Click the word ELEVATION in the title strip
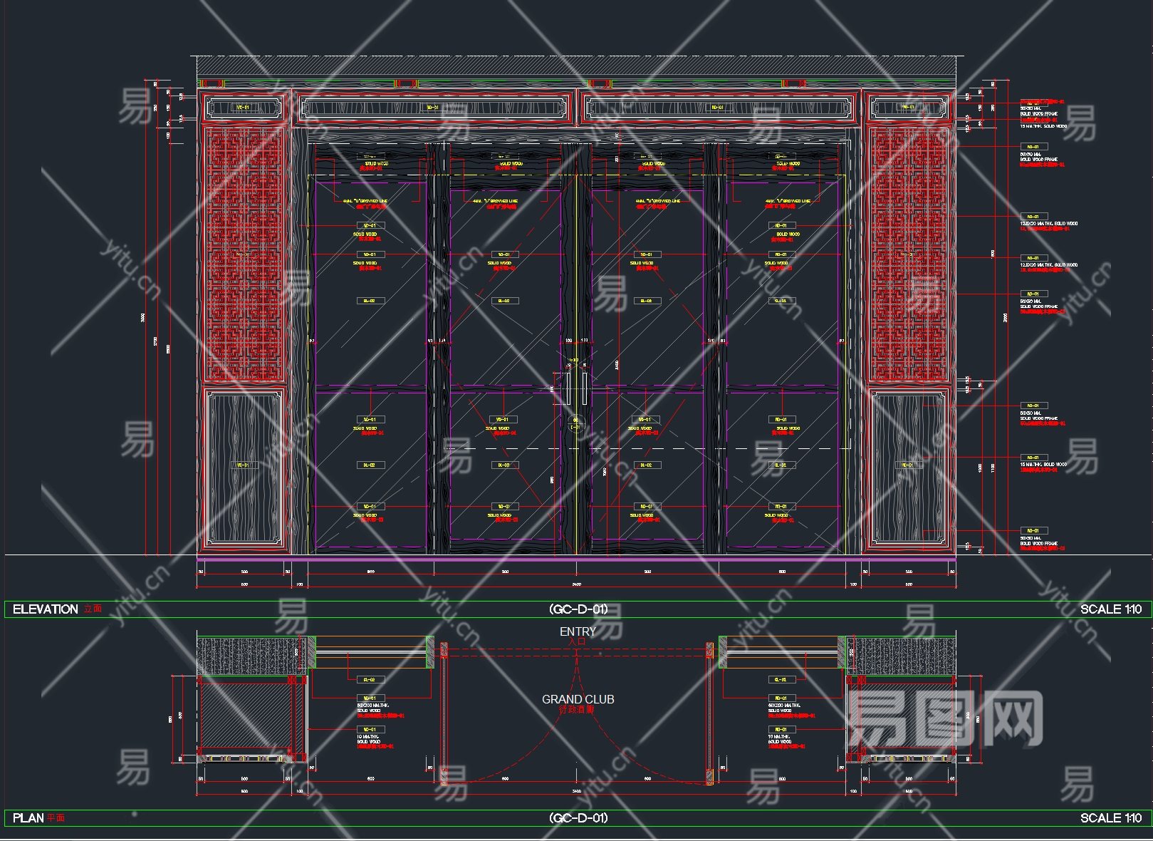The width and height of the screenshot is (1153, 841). [x=46, y=609]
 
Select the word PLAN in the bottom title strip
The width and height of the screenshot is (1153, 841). [x=28, y=818]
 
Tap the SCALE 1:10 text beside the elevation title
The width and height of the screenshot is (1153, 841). [x=1110, y=609]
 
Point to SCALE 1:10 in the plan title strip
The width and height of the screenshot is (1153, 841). [x=1110, y=818]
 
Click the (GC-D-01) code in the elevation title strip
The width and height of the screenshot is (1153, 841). [x=578, y=609]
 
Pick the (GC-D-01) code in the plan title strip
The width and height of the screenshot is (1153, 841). [x=578, y=818]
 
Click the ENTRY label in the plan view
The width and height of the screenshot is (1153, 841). [x=578, y=631]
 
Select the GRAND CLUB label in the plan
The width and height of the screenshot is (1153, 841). [x=578, y=700]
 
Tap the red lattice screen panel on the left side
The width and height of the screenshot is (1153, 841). [x=244, y=254]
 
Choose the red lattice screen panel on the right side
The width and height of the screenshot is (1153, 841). [x=908, y=254]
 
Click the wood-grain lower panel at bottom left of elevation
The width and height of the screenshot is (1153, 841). [x=243, y=469]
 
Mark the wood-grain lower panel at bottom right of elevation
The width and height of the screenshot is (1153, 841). [x=908, y=469]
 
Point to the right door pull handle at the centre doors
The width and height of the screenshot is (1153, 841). [x=585, y=388]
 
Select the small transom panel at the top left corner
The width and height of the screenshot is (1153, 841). [x=243, y=108]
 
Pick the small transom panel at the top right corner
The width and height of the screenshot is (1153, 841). [x=908, y=108]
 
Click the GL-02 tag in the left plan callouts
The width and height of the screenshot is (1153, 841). [x=370, y=680]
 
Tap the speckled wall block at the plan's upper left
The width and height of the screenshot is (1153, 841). [x=247, y=655]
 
